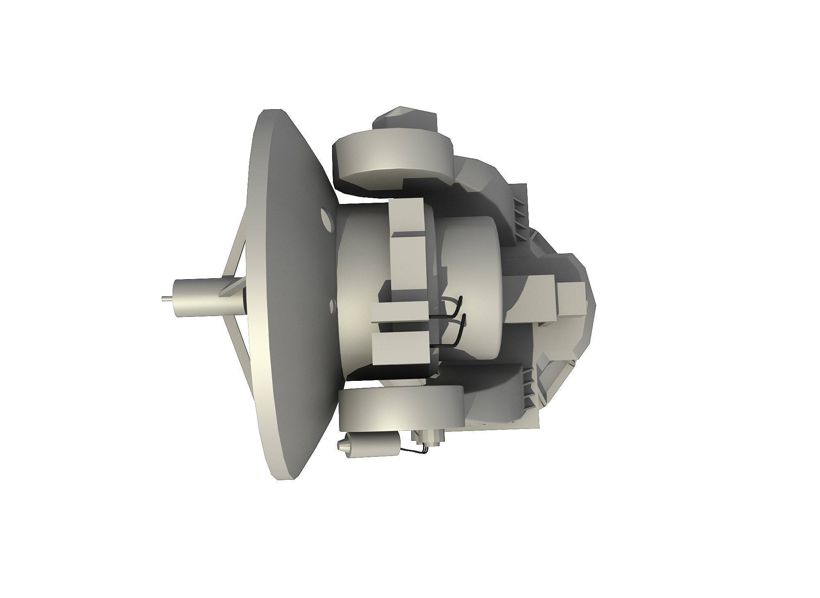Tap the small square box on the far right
[570, 300]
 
